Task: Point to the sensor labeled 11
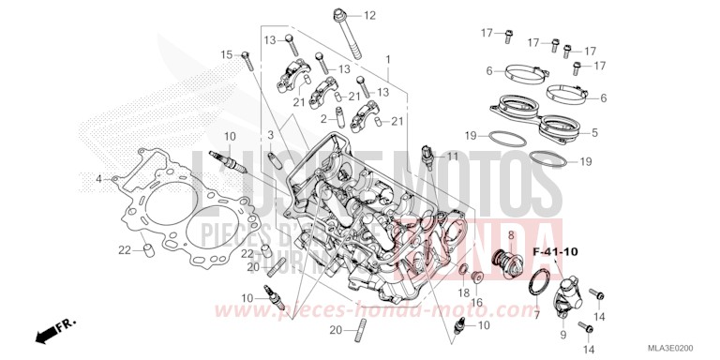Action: pyautogui.click(x=428, y=155)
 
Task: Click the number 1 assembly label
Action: pyautogui.click(x=386, y=58)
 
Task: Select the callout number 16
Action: pyautogui.click(x=475, y=303)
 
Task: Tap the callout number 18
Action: pyautogui.click(x=462, y=293)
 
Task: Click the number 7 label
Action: pyautogui.click(x=537, y=316)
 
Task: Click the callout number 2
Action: pyautogui.click(x=322, y=119)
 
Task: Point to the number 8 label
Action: pyautogui.click(x=510, y=234)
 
